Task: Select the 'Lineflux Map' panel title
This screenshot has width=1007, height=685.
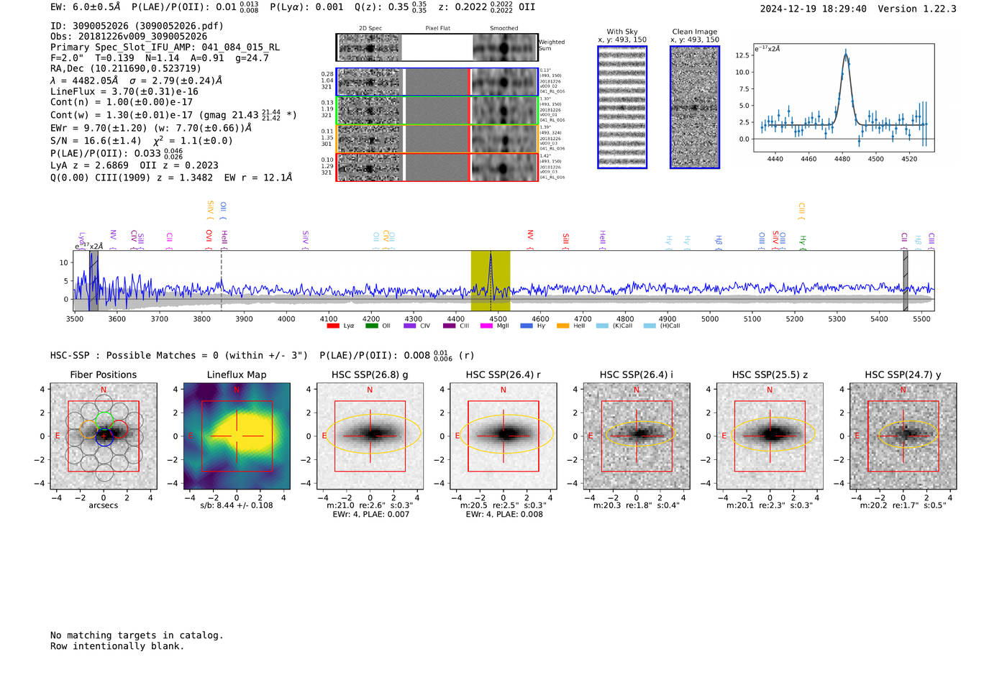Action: pyautogui.click(x=236, y=374)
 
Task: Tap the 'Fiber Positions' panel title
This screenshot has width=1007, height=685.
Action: pyautogui.click(x=103, y=374)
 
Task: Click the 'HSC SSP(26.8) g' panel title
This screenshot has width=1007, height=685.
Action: pyautogui.click(x=370, y=374)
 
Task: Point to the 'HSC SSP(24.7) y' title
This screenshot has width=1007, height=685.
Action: pyautogui.click(x=903, y=374)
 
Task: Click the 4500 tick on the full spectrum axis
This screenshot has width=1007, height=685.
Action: pyautogui.click(x=498, y=318)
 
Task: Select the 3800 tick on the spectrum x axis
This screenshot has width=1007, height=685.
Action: pyautogui.click(x=201, y=318)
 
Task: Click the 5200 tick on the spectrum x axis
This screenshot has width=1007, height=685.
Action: pyautogui.click(x=794, y=318)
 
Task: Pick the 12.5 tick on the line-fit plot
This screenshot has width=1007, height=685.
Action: pyautogui.click(x=742, y=55)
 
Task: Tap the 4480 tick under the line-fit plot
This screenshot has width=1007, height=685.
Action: pyautogui.click(x=842, y=159)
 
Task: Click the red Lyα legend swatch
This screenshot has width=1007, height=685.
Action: pyautogui.click(x=333, y=326)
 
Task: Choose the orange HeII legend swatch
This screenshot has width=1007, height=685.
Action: pyautogui.click(x=562, y=326)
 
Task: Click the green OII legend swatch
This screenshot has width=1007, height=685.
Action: pyautogui.click(x=371, y=326)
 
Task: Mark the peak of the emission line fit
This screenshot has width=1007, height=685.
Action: pyautogui.click(x=846, y=52)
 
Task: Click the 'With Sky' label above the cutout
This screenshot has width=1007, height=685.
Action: pyautogui.click(x=622, y=32)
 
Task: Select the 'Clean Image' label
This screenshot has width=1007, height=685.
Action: pyautogui.click(x=694, y=32)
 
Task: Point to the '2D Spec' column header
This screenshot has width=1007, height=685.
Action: pyautogui.click(x=370, y=29)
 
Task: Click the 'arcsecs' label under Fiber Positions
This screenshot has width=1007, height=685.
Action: pyautogui.click(x=103, y=505)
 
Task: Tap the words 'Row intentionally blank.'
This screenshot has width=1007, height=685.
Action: pyautogui.click(x=117, y=646)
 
